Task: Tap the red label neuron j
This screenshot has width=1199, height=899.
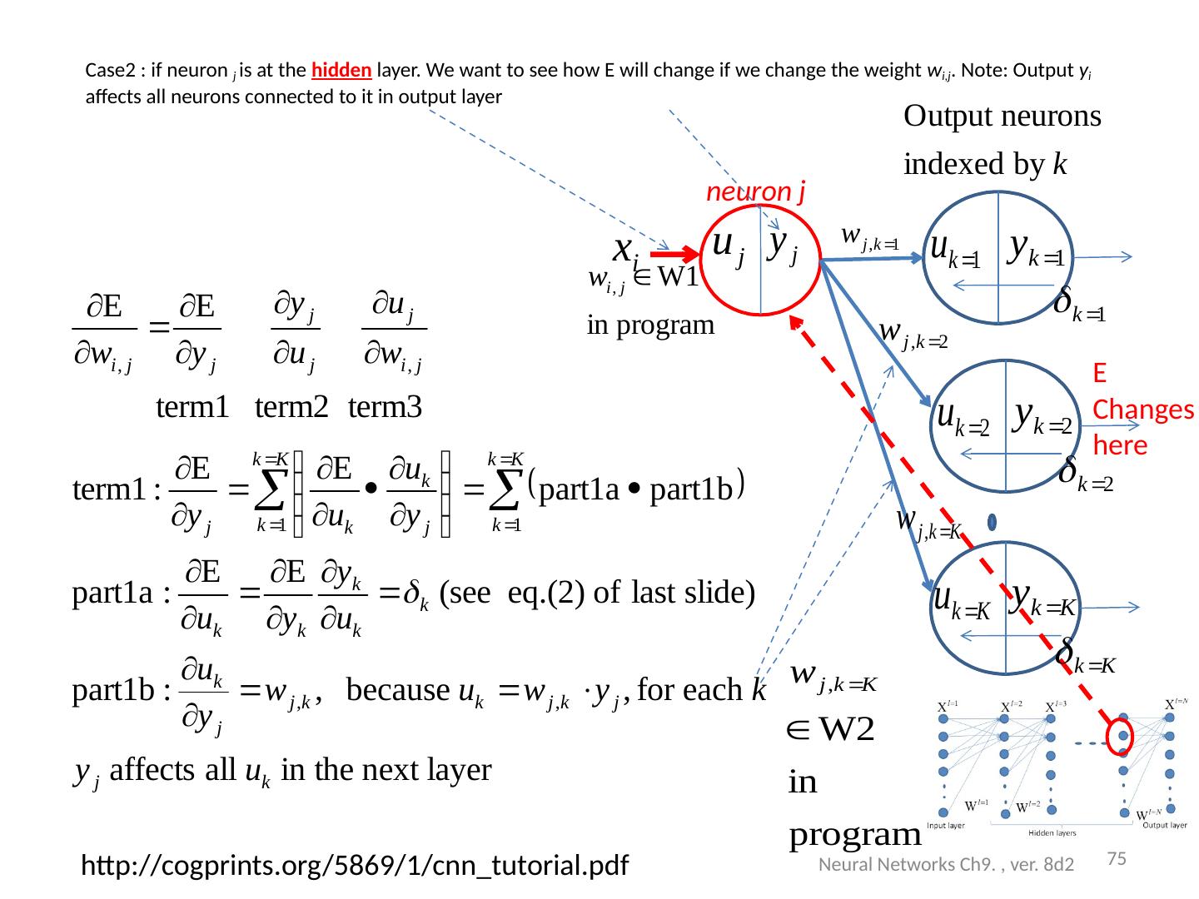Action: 755,192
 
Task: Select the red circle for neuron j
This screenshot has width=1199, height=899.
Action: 760,259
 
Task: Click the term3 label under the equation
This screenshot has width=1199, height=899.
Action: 386,407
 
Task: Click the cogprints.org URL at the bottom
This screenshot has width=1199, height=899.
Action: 354,867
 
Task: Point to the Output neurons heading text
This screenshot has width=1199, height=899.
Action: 1002,117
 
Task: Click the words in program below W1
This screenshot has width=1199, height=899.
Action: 650,325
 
